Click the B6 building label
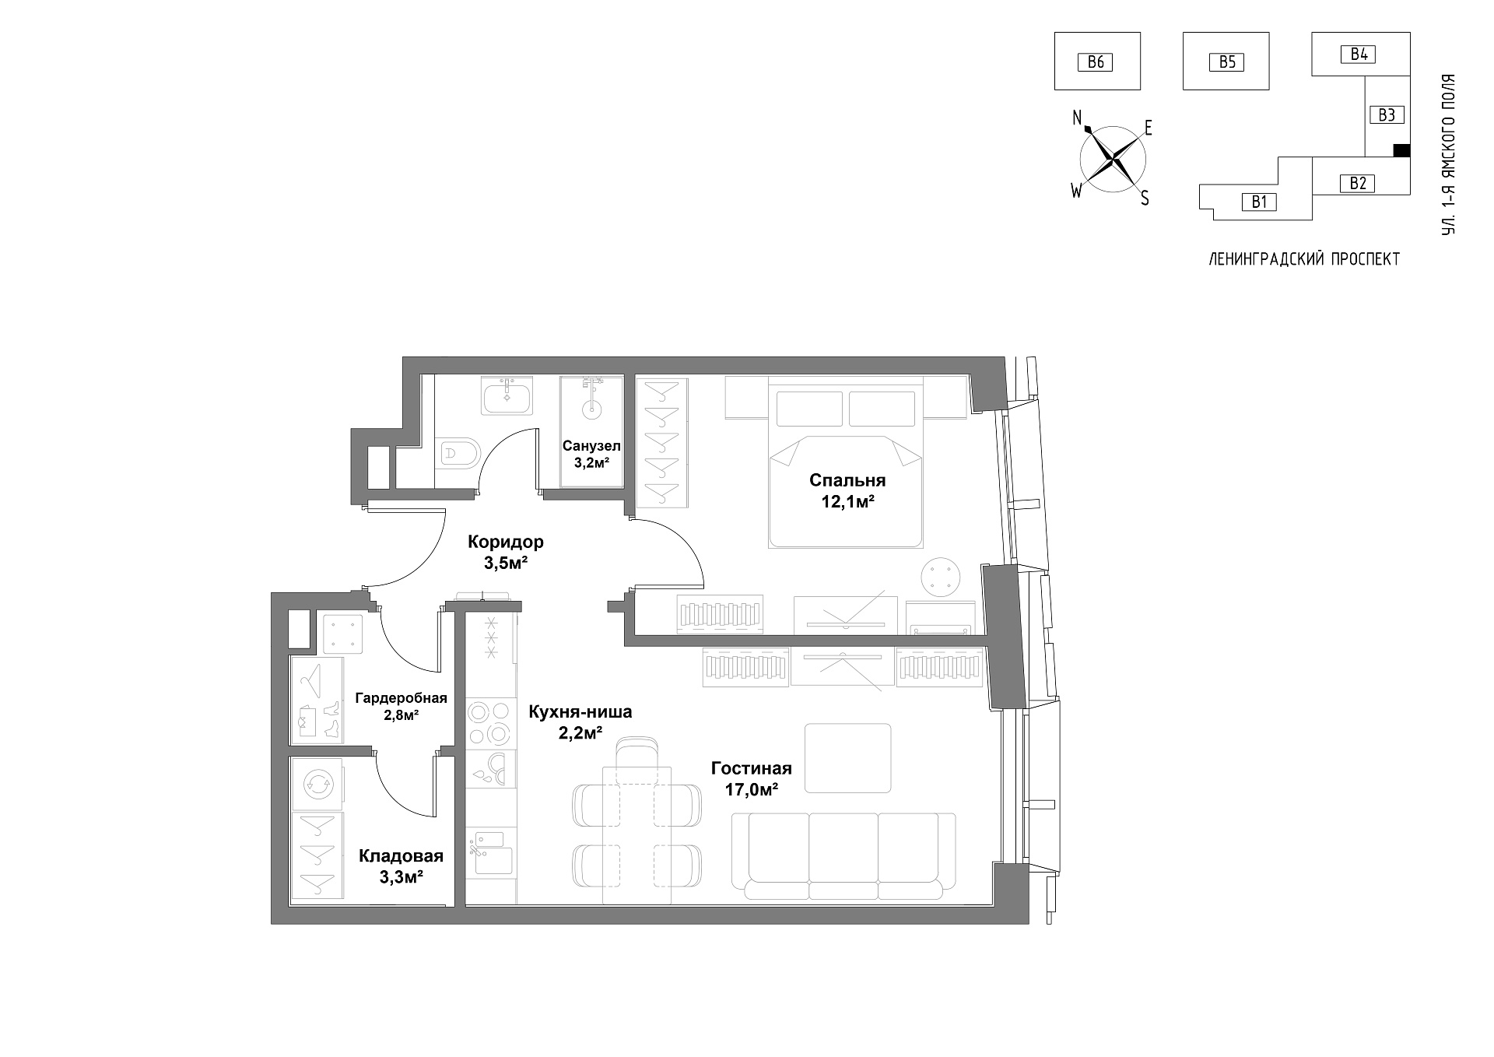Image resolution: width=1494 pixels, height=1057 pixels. (x=1095, y=61)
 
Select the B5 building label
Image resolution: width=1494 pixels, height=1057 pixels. (x=1226, y=61)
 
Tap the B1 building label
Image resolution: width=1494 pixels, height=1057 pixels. (x=1259, y=202)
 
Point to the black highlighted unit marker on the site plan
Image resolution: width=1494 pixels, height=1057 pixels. (x=1401, y=151)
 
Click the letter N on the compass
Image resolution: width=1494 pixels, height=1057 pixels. (x=1078, y=118)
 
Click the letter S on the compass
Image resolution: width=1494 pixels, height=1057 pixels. (x=1145, y=198)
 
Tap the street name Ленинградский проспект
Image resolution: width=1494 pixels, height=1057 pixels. (x=1304, y=259)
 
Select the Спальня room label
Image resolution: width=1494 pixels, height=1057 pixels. (x=847, y=479)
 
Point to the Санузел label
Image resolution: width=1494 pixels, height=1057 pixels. (x=591, y=446)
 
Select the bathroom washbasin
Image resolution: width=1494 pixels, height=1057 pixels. (x=508, y=396)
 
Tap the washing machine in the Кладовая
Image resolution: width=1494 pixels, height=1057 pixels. (x=317, y=785)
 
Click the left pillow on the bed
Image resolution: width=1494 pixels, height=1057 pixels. (x=809, y=409)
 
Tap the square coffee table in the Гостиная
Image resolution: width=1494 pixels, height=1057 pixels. (x=848, y=758)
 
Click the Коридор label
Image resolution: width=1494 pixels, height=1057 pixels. (x=505, y=542)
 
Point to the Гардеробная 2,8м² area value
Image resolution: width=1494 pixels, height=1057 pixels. (x=402, y=715)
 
